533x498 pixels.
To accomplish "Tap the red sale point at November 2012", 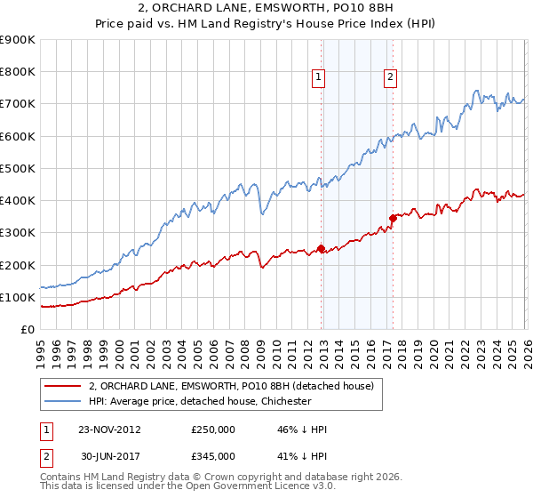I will coord(322,249).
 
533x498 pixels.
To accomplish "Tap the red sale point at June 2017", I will coord(393,217).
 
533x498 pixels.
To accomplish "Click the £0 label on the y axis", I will coord(27,329).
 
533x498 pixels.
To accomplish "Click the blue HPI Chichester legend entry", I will coord(200,401).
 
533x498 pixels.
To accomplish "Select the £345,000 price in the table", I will coord(213,455).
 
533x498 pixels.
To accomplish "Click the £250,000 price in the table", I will coord(213,430).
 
